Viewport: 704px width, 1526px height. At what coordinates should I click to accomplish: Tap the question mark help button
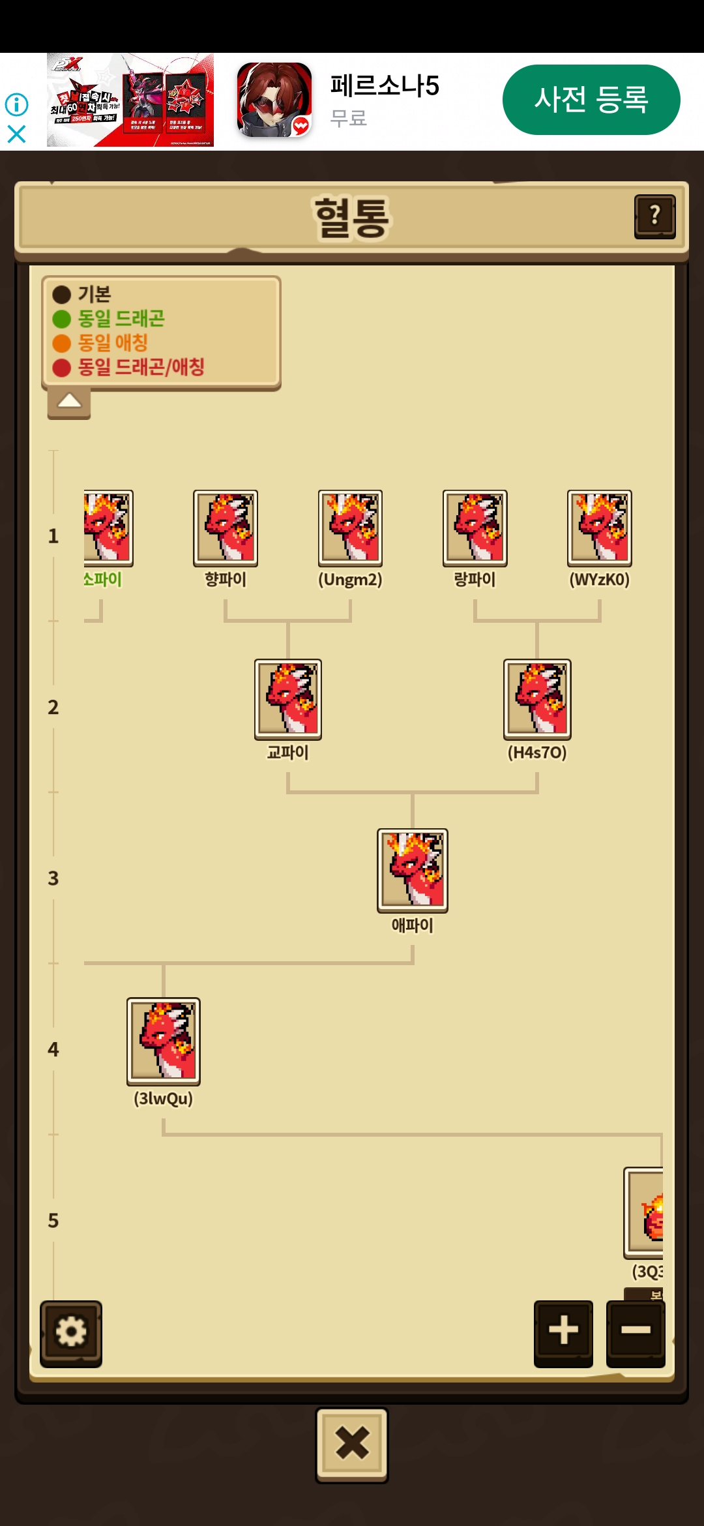click(654, 216)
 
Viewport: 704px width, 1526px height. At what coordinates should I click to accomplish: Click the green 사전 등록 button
click(591, 100)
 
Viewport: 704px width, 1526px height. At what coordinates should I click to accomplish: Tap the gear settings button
click(71, 1332)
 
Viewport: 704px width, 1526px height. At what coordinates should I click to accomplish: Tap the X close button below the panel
click(352, 1444)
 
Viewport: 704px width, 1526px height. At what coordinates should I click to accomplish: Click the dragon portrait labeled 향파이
click(226, 528)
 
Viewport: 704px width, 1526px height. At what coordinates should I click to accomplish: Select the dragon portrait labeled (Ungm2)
click(350, 528)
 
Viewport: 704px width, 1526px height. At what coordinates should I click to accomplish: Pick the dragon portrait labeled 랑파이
click(475, 528)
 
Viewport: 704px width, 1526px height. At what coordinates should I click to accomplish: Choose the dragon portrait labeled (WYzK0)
click(600, 528)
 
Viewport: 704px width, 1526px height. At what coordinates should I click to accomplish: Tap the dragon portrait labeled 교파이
click(288, 698)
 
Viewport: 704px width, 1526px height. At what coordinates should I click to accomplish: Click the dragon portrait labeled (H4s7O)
click(537, 698)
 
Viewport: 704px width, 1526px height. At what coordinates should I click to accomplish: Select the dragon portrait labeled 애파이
click(413, 870)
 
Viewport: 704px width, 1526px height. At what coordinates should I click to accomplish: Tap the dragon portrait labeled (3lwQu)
click(164, 1040)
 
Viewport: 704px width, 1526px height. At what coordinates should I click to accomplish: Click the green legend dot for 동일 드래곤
click(62, 319)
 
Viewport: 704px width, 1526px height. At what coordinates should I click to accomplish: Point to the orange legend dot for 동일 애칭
click(62, 343)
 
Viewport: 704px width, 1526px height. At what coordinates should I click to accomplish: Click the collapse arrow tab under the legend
click(69, 402)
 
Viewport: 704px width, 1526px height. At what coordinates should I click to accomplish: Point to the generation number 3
click(53, 878)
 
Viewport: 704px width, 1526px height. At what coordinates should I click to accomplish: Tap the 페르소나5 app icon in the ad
click(274, 100)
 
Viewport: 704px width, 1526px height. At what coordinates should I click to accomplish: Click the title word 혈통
click(352, 217)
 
